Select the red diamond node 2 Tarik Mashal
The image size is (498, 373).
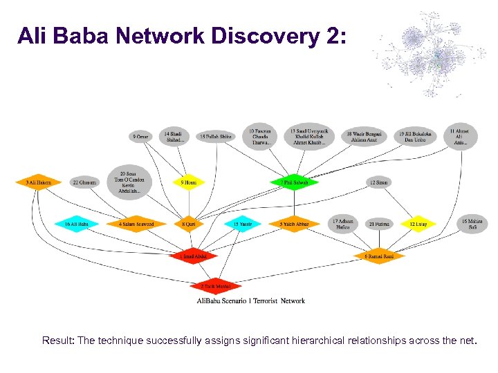[215, 285]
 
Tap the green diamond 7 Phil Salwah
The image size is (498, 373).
[294, 182]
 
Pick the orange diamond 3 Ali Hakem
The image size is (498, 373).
[39, 182]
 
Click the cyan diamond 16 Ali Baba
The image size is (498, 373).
[77, 224]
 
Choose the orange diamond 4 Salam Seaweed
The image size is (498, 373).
[136, 224]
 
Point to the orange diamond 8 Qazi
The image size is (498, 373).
[188, 224]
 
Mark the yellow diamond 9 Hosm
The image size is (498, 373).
[188, 182]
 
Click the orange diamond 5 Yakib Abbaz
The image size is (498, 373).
[294, 224]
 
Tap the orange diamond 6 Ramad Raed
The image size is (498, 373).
[379, 256]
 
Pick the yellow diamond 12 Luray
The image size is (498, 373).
[418, 224]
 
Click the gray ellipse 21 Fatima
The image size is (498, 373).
[378, 224]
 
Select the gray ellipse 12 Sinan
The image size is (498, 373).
[378, 182]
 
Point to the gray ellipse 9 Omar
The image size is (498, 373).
[140, 137]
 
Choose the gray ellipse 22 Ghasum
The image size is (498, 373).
[84, 182]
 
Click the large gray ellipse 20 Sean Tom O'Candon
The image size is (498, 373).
[131, 182]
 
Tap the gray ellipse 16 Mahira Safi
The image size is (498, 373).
[472, 224]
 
